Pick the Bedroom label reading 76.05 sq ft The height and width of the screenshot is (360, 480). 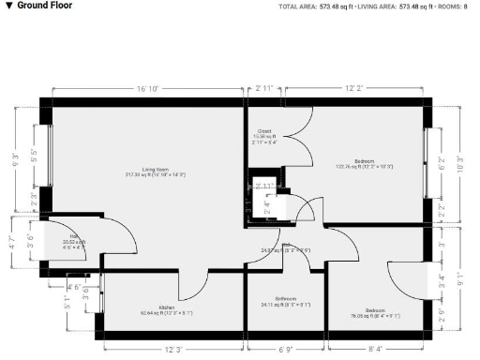[x=374, y=312]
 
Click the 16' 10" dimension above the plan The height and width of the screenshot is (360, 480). [x=147, y=88]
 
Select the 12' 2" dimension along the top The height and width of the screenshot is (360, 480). [x=353, y=88]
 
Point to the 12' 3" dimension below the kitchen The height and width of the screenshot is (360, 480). [x=172, y=349]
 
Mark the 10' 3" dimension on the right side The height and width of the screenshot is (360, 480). [x=460, y=158]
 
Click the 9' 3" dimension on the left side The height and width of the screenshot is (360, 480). [x=16, y=158]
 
